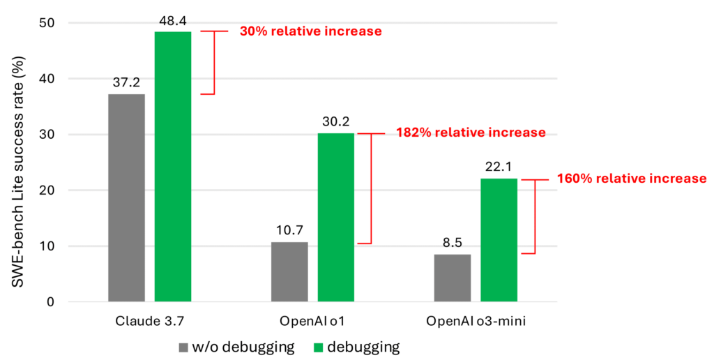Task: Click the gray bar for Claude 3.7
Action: [x=126, y=198]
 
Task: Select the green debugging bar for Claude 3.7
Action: [x=173, y=167]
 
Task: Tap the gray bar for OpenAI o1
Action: [x=289, y=272]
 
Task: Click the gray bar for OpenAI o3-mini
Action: [x=452, y=278]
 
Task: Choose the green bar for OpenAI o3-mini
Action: [x=499, y=240]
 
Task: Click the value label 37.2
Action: [x=126, y=83]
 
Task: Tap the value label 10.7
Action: [x=289, y=231]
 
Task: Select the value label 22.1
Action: [x=499, y=167]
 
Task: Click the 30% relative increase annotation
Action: [x=310, y=31]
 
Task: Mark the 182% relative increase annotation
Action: [x=471, y=133]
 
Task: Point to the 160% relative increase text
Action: [x=632, y=179]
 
